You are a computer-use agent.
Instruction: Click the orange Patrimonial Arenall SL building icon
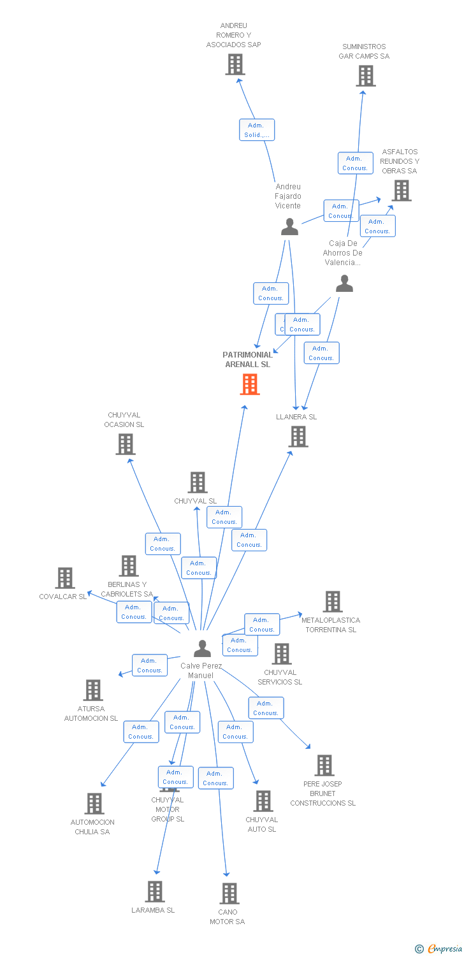(250, 384)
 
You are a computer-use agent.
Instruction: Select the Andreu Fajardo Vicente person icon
(289, 227)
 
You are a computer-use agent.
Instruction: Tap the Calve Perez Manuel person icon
(202, 648)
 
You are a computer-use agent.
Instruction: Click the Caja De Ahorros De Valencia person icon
(344, 284)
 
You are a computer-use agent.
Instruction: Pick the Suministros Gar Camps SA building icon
(365, 76)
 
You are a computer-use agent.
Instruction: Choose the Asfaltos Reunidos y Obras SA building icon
(401, 190)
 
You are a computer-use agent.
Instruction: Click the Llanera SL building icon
(298, 437)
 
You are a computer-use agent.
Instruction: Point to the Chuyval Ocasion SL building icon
(126, 444)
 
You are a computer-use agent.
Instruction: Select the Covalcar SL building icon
(65, 578)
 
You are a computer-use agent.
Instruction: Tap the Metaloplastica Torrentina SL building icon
(332, 601)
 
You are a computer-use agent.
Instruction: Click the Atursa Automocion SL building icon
(93, 690)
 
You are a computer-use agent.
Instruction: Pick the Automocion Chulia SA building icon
(94, 804)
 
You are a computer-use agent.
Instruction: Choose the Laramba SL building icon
(155, 892)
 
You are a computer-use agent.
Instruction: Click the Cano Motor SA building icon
(229, 894)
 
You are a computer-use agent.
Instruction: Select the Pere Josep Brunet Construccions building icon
(324, 765)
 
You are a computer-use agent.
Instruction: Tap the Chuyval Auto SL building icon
(263, 801)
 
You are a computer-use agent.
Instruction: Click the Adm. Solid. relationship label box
(257, 130)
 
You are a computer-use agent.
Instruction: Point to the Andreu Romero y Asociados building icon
(235, 64)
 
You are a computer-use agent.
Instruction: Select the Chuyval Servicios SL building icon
(281, 653)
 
